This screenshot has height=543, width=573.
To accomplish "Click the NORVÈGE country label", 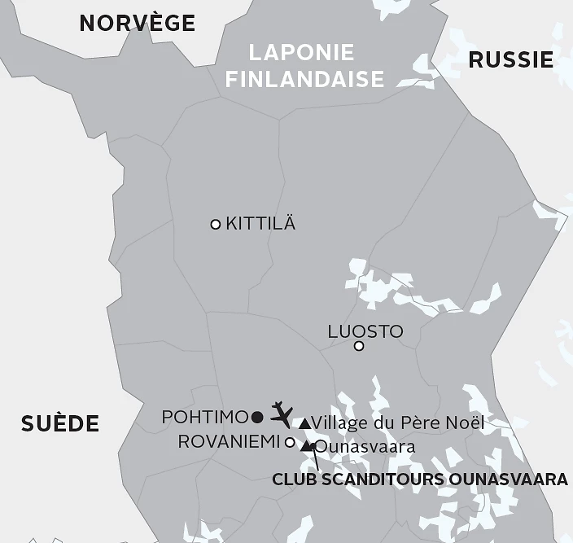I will [x=137, y=24].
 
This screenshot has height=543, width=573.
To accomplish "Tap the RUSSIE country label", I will [x=510, y=59].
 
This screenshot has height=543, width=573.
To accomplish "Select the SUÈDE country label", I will [x=59, y=423].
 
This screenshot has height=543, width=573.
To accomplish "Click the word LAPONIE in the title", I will [x=301, y=53].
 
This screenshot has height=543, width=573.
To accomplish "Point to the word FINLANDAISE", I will [x=304, y=79].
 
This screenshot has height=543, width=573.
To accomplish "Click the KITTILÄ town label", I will [x=260, y=224].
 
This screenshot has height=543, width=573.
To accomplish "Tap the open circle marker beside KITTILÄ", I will [x=216, y=225].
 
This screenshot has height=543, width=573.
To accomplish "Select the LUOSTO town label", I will [x=365, y=331].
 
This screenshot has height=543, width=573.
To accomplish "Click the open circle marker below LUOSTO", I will [x=359, y=347].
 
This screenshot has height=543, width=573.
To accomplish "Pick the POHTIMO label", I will [x=204, y=417].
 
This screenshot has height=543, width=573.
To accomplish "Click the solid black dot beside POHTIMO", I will [x=257, y=418].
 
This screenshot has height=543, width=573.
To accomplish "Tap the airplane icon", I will [x=281, y=413].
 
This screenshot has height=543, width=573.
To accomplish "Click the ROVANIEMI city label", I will [x=229, y=442].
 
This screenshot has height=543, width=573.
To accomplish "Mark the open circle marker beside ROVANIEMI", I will [x=290, y=442].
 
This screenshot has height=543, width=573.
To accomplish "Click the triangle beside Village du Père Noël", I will [x=304, y=423].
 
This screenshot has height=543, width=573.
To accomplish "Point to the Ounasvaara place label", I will [x=365, y=447].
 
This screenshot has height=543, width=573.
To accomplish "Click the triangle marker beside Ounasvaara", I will [x=306, y=446].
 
